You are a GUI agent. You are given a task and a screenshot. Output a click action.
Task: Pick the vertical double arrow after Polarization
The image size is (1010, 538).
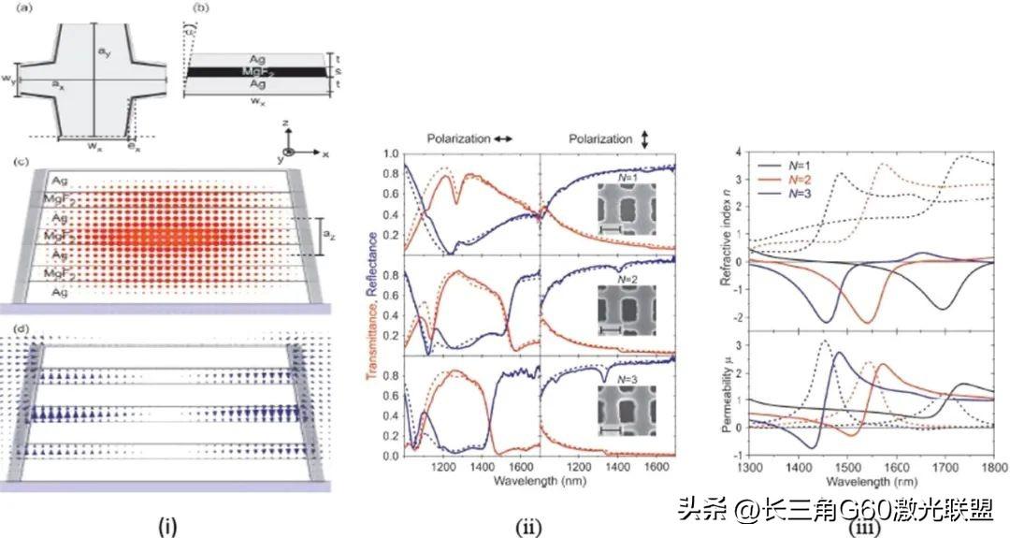pyautogui.click(x=644, y=138)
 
